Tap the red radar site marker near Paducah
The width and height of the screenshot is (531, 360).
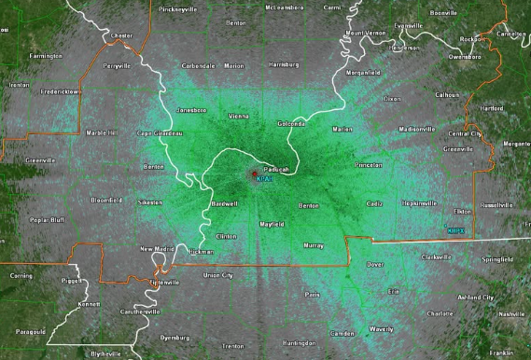(254, 173)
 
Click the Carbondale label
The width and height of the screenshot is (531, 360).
(198, 66)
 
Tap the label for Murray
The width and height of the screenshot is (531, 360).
(314, 245)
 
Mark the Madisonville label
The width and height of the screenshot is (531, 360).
(417, 129)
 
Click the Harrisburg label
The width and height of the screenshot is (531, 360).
(257, 66)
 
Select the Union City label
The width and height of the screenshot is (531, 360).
(218, 275)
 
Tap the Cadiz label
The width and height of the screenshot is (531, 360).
(374, 202)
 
